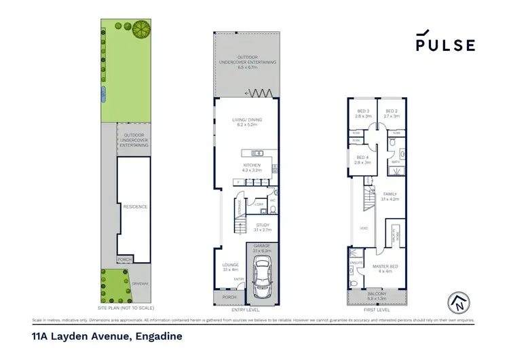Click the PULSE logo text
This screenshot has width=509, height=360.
point(445,45)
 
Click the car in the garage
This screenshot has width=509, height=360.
point(259,278)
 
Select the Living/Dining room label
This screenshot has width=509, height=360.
point(249,123)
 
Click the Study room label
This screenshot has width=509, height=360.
point(263,227)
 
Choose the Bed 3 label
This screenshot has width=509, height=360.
point(362,113)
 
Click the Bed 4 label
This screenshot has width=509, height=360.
point(362,160)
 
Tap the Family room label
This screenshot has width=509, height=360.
point(389,196)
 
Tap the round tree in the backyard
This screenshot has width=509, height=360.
point(142,29)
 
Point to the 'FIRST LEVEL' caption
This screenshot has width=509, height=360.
point(377,309)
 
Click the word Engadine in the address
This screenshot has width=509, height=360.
point(158,336)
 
